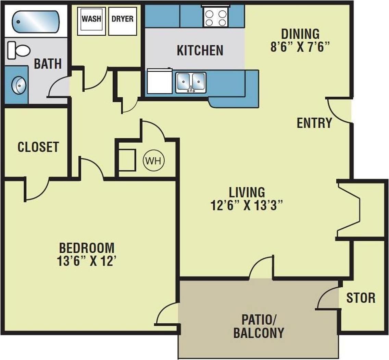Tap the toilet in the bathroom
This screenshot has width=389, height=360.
coord(19,50)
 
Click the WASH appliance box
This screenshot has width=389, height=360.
coord(91,21)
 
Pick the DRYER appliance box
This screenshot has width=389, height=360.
coord(122,21)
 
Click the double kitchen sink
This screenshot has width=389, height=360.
coord(191,82)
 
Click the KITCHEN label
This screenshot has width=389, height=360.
coord(200,50)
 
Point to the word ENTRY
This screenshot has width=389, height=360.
coord(314,123)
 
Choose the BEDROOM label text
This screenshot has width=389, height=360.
coord(87,247)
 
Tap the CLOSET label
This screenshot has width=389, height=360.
coord(38,147)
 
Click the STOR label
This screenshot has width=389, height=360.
coord(361,298)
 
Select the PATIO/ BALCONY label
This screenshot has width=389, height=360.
coord(259,327)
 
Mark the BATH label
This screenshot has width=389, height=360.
coord(48,64)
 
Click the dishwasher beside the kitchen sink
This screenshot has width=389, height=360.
coord(159,82)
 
